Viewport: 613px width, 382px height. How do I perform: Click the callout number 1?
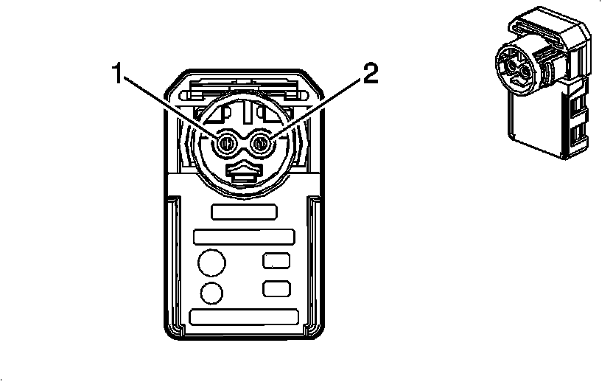coord(119,74)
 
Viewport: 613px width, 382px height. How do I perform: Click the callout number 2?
coord(371,74)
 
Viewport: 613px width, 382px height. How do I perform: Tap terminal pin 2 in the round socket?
coord(261,145)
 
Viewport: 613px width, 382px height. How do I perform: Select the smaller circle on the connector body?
coord(211,293)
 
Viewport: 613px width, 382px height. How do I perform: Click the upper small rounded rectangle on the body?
coord(277,260)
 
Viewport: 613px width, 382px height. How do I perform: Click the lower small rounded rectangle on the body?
coord(277,288)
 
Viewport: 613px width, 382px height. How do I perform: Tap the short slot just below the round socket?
coord(244,212)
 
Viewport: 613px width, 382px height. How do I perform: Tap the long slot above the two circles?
coord(244,237)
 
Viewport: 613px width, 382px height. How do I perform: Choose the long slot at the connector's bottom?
coord(244,316)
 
